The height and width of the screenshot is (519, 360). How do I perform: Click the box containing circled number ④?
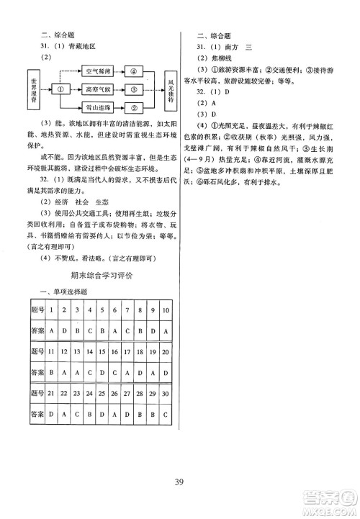pyautogui.click(x=133, y=71)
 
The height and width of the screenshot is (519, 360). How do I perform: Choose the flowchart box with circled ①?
pyautogui.click(x=62, y=89)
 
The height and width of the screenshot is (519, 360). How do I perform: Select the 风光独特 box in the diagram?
pyautogui.click(x=169, y=89)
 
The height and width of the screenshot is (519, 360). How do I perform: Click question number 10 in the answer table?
pyautogui.click(x=165, y=310)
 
